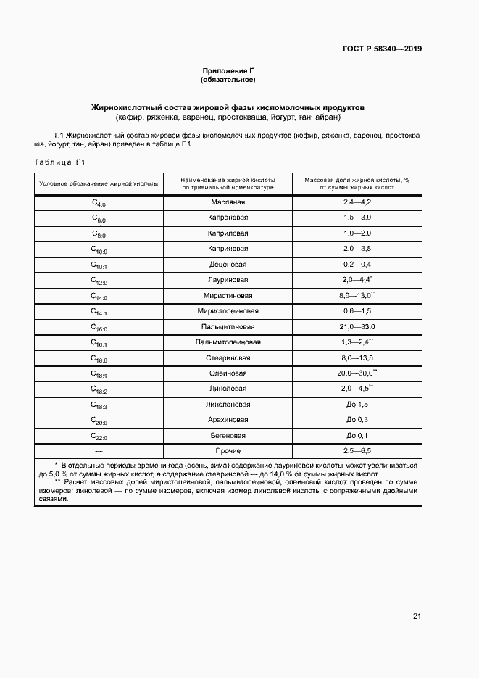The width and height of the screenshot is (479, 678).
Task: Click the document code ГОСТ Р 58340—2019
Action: tap(382, 49)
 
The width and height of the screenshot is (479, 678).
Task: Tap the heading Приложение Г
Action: tap(228, 70)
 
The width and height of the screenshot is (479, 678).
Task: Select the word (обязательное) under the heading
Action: tap(228, 79)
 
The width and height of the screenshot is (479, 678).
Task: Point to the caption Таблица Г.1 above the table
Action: tap(60, 162)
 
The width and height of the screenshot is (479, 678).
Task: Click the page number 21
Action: tap(417, 616)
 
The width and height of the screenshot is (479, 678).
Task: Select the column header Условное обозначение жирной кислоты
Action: tap(99, 183)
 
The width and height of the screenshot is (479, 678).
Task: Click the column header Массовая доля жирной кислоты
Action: tap(357, 183)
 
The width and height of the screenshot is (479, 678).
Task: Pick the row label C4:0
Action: tap(99, 203)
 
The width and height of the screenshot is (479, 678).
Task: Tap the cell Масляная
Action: tap(228, 202)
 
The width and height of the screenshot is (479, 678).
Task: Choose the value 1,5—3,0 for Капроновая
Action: tap(357, 218)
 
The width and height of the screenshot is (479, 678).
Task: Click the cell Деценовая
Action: tap(228, 264)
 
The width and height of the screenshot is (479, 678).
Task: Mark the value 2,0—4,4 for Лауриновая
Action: tap(357, 280)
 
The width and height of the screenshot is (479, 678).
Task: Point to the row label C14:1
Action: tap(99, 312)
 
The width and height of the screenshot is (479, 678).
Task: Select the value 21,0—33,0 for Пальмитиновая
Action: tap(357, 326)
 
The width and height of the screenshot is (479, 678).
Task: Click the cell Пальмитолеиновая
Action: tap(228, 342)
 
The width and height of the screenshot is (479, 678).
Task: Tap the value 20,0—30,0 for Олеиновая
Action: tap(357, 373)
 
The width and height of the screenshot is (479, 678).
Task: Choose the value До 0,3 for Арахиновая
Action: tap(357, 420)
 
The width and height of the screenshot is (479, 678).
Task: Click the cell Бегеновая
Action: tap(228, 436)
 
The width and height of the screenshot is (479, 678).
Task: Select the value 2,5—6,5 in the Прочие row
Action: tap(357, 451)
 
